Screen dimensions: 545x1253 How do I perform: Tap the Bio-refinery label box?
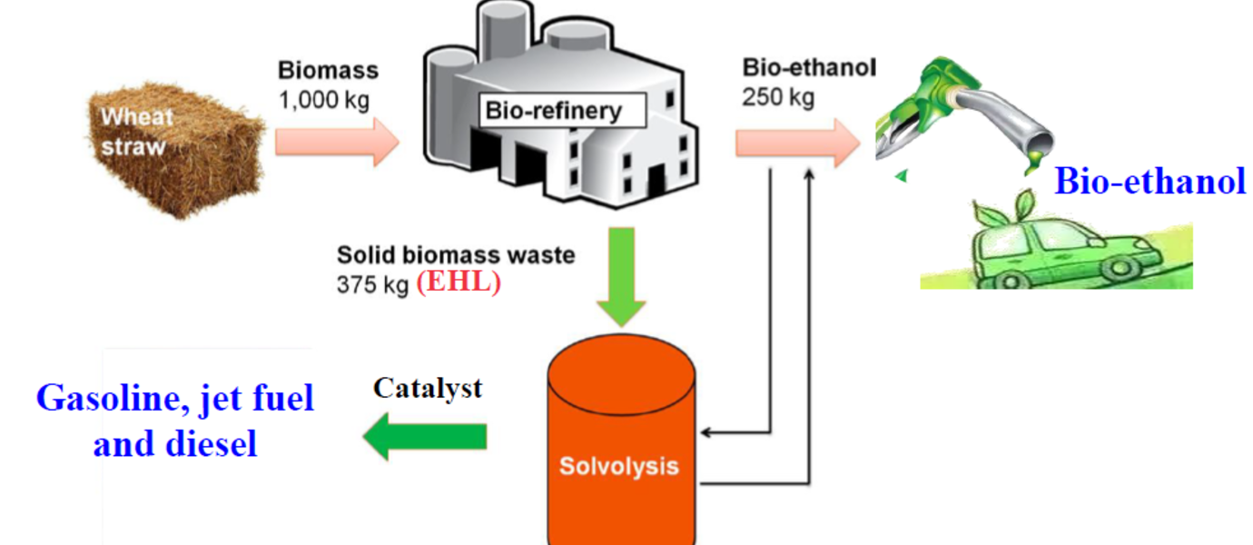click(553, 112)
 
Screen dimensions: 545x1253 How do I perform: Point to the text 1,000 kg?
click(323, 99)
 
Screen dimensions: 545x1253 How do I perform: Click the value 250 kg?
click(778, 97)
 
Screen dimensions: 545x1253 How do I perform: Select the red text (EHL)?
click(459, 282)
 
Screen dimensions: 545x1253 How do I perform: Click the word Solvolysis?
click(618, 467)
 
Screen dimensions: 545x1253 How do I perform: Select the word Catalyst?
click(428, 389)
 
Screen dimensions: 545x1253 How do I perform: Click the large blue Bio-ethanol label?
click(1149, 182)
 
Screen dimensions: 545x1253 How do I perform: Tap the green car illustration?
click(1053, 250)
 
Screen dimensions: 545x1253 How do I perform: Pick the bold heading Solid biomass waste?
click(456, 255)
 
